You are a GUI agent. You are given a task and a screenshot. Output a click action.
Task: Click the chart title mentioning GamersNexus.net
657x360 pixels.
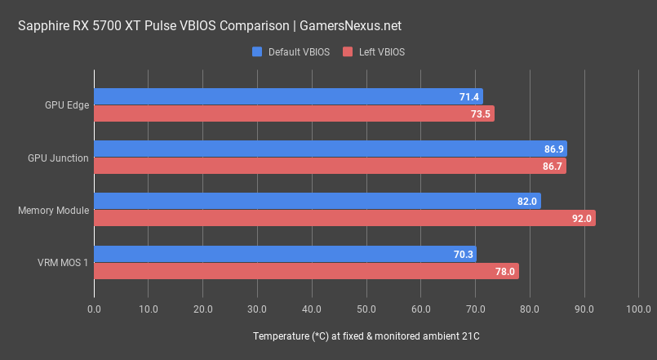pos(210,26)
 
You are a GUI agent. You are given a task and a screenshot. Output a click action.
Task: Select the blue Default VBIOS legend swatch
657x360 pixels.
pos(258,52)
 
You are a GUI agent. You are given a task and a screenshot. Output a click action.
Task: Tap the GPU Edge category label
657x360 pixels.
pos(68,105)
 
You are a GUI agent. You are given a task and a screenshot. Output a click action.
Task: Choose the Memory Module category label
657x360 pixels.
pos(53,210)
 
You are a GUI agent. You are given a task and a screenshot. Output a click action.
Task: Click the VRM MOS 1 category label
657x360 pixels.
pos(62,262)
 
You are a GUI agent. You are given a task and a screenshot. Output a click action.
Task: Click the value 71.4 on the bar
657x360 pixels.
pos(469,97)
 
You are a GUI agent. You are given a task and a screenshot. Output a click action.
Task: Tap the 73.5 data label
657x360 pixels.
pos(481,114)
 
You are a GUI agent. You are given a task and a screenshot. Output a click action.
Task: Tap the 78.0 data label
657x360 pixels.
pos(505,271)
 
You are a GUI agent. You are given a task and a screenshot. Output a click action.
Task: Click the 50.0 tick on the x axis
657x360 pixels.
pos(366,309)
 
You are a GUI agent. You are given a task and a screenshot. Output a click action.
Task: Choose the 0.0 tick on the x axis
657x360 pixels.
pos(94,309)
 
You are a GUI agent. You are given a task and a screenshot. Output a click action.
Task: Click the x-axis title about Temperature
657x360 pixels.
pos(366,336)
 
